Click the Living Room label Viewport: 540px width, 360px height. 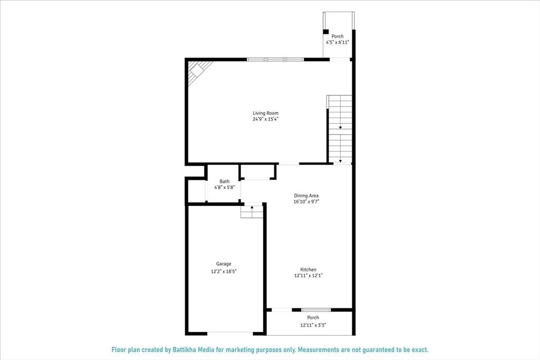(x=265, y=113)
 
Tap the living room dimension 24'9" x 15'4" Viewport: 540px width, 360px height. (x=265, y=119)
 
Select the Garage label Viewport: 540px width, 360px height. (x=224, y=264)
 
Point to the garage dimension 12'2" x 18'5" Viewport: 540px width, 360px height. (x=224, y=271)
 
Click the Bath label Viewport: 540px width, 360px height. (x=225, y=181)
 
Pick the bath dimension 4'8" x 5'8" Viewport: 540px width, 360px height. (x=225, y=188)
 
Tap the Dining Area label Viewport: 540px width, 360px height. (x=306, y=196)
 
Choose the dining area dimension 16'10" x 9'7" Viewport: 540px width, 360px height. (x=306, y=202)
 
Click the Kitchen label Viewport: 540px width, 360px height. (x=308, y=269)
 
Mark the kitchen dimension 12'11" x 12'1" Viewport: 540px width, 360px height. (x=308, y=276)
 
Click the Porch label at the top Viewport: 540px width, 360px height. (x=337, y=36)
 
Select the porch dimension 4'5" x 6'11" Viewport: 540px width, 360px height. (x=337, y=42)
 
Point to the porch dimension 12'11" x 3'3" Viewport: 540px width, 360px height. (x=313, y=325)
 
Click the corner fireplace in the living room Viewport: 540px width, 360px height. (x=198, y=70)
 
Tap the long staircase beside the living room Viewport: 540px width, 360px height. (x=340, y=129)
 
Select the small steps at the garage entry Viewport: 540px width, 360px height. (x=252, y=211)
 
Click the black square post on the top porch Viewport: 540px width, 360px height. (x=326, y=32)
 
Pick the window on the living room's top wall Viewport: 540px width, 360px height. (x=275, y=60)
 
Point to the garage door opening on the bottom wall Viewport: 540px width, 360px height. (x=230, y=333)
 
